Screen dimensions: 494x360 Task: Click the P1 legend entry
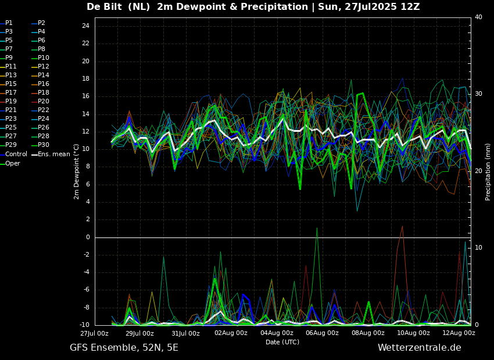tap(6, 23)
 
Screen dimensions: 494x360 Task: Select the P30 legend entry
tap(41, 145)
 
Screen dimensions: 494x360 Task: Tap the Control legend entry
tap(13, 154)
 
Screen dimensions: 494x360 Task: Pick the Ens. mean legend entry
tap(51, 154)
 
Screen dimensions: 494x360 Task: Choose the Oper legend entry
tap(10, 163)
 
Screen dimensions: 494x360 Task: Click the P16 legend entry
tap(41, 84)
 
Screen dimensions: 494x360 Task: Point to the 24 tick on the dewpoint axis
tap(85, 26)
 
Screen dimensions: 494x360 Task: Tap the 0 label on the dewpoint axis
tap(88, 237)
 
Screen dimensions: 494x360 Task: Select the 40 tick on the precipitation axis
tap(478, 17)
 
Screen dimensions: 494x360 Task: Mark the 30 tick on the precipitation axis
tap(478, 94)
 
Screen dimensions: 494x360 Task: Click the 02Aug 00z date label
tap(231, 333)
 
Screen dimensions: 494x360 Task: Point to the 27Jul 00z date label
tap(94, 333)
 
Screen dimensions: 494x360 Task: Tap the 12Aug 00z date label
tap(459, 333)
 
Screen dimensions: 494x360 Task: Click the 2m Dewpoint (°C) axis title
tap(76, 172)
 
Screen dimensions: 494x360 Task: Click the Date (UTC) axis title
tap(282, 342)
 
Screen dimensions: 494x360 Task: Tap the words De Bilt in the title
tap(104, 6)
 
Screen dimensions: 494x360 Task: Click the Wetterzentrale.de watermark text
tap(420, 348)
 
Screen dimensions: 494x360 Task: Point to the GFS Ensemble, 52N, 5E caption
tap(124, 348)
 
